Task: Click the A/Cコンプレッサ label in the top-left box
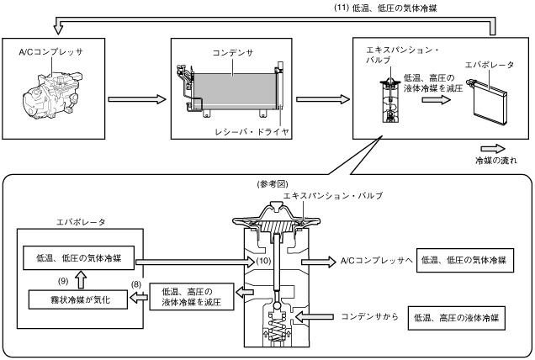pos(50,52)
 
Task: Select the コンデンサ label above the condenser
pos(233,53)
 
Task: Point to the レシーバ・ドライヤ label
pos(252,132)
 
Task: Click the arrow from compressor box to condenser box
pos(137,99)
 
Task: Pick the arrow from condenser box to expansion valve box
pos(323,99)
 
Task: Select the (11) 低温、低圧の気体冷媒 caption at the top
pos(385,8)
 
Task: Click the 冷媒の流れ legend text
pos(496,160)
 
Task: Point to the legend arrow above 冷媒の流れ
pos(493,149)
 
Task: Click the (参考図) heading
pos(273,184)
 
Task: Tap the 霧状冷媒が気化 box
pos(78,299)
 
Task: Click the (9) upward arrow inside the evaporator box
pos(81,279)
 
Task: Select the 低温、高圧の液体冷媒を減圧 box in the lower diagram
pos(192,297)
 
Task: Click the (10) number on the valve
pos(264,261)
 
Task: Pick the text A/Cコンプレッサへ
pos(377,261)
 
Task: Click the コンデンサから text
pos(370,316)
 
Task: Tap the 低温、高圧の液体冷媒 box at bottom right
pos(457,318)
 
